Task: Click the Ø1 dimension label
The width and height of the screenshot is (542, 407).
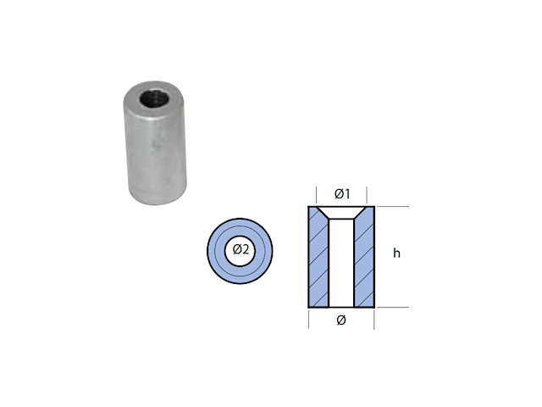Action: [342, 194]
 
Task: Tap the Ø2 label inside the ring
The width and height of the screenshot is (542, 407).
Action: [241, 249]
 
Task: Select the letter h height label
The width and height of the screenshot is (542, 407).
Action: [396, 253]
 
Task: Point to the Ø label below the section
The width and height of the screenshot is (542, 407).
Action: [341, 321]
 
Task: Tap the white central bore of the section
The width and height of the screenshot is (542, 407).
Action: [341, 263]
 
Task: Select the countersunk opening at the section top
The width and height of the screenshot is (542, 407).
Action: [341, 213]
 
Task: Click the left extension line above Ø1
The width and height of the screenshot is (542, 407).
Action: [316, 195]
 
